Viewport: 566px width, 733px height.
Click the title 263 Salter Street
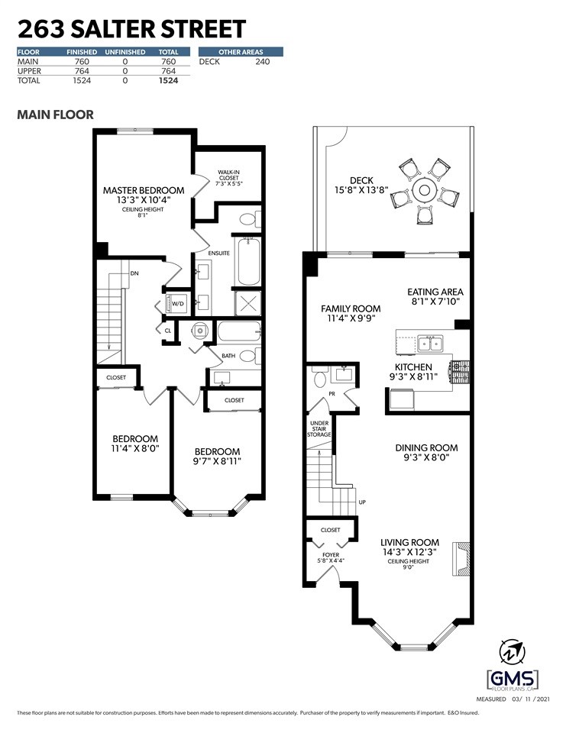click(131, 29)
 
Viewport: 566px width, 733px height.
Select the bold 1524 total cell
click(167, 79)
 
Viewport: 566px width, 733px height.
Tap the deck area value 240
click(262, 61)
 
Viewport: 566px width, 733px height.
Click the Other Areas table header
click(241, 52)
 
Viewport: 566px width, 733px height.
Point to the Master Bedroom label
click(144, 190)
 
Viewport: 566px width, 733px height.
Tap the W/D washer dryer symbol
click(177, 303)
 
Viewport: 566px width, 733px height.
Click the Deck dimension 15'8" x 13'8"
click(361, 191)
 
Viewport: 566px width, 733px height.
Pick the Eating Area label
click(435, 292)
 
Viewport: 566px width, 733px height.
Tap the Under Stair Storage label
click(319, 429)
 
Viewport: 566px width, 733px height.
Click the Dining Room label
click(426, 448)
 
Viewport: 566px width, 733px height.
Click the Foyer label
click(330, 555)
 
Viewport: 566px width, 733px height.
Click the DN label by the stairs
click(134, 273)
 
